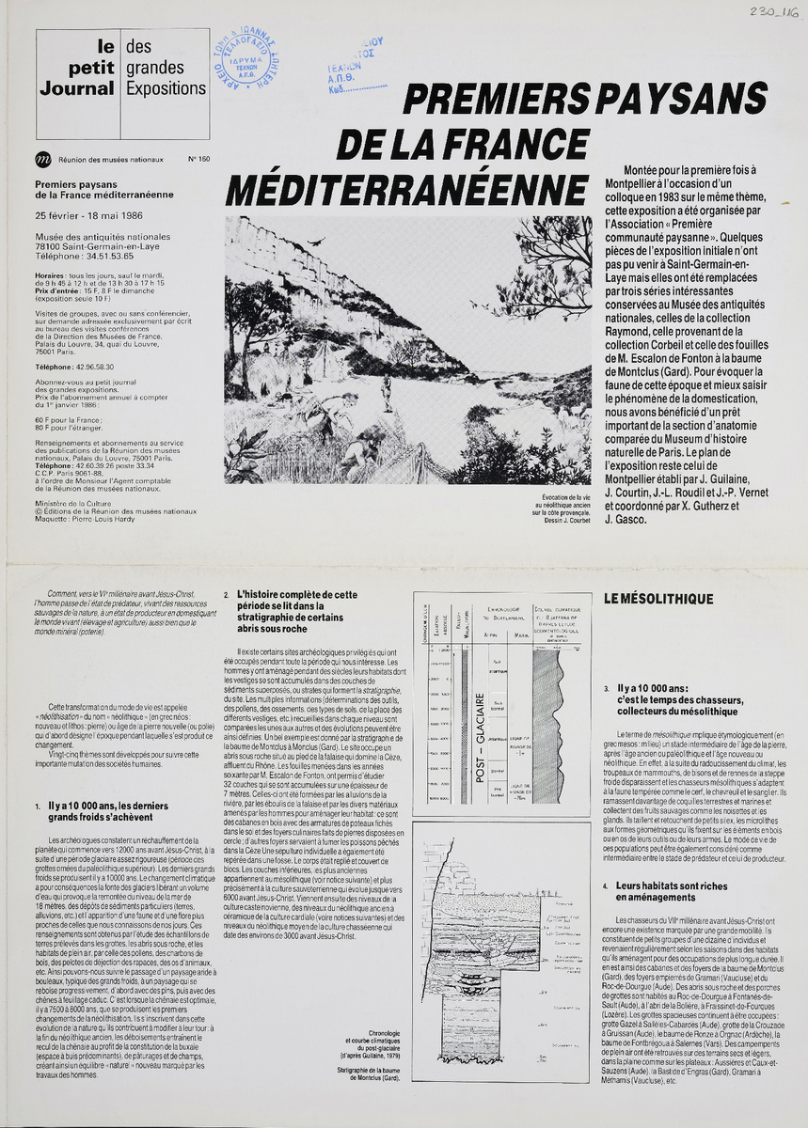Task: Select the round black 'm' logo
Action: click(42, 159)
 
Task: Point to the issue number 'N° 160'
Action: click(198, 159)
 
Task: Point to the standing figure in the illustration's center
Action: click(387, 392)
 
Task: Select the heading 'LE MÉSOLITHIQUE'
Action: click(658, 599)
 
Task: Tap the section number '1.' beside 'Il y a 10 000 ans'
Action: click(38, 807)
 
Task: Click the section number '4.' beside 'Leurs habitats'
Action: click(608, 886)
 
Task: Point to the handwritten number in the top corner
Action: click(774, 12)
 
